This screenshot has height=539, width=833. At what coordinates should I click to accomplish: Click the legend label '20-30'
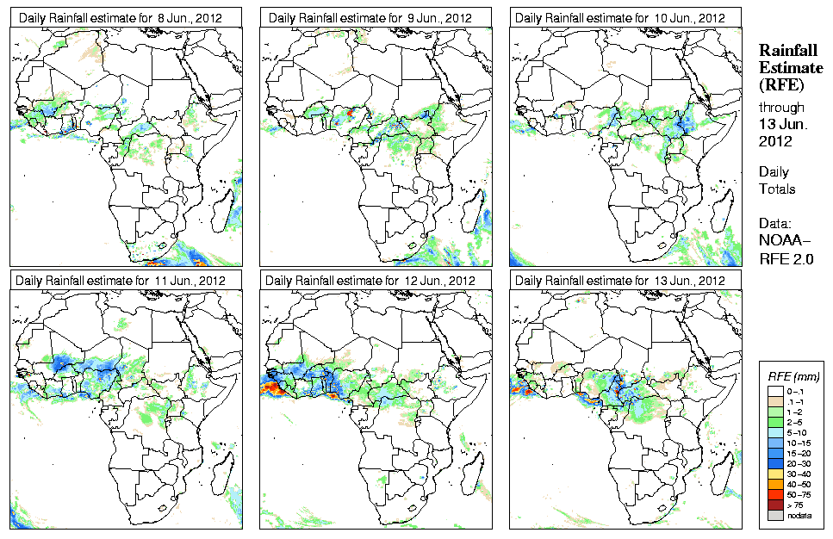(x=793, y=463)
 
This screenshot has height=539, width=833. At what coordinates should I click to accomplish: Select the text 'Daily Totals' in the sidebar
(x=777, y=180)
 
